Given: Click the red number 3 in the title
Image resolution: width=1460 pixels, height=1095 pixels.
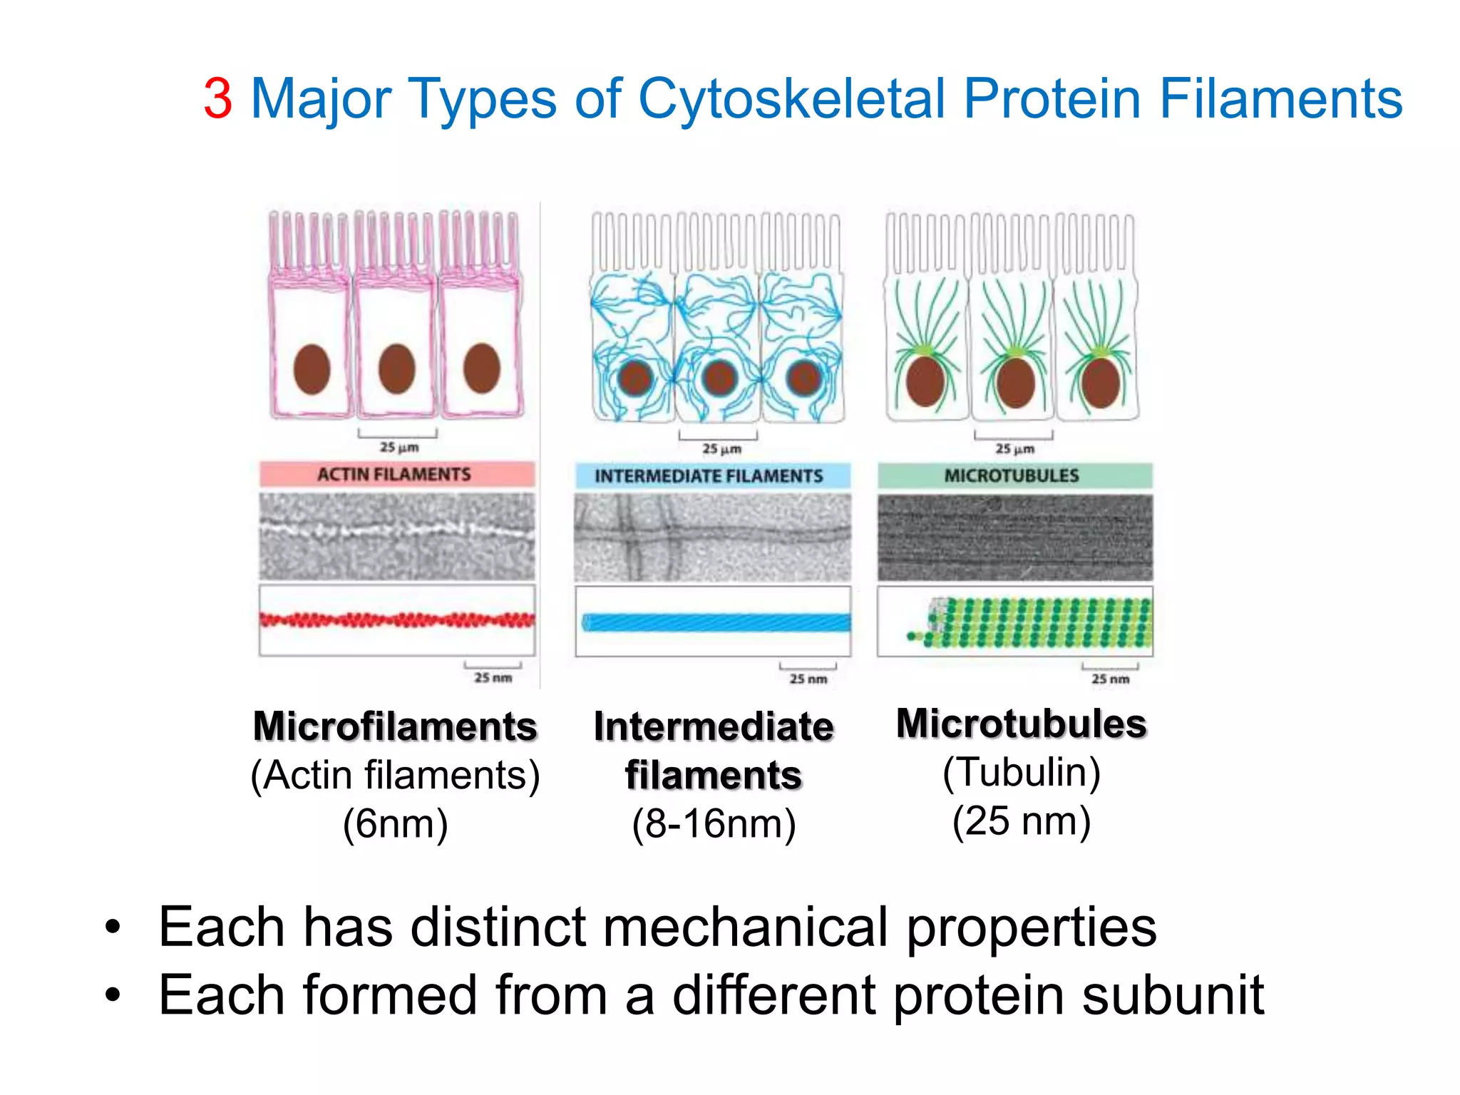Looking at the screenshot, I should click(x=217, y=99).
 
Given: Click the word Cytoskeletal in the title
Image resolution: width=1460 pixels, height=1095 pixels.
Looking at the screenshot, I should click(x=791, y=99).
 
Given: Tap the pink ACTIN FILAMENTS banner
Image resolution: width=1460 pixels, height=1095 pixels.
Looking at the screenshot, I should click(x=396, y=474).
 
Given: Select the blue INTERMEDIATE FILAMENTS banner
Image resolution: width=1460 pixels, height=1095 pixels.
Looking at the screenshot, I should click(x=711, y=475).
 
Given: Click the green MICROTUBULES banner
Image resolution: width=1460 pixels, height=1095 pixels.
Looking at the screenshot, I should click(x=1014, y=475).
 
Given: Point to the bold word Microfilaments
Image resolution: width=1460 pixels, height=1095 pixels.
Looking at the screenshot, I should click(x=395, y=726).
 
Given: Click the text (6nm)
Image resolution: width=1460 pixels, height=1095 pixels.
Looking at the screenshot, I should click(x=395, y=824).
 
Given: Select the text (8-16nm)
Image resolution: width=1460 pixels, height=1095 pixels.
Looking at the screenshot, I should click(x=714, y=824).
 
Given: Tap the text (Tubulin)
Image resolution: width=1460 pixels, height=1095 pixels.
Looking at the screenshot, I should click(x=1021, y=772).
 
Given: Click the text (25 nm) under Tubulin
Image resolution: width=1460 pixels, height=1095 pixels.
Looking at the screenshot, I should click(x=1021, y=821).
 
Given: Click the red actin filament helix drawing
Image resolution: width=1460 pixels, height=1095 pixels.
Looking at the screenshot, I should click(x=396, y=620).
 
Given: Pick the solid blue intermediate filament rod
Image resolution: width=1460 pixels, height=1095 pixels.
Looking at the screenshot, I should click(x=716, y=622).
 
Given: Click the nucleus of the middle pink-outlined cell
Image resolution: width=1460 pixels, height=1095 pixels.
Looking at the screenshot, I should click(x=396, y=369).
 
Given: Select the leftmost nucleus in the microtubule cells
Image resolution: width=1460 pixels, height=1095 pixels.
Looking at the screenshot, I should click(x=925, y=381).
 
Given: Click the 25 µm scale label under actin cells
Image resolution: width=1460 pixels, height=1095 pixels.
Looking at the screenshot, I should click(x=399, y=448).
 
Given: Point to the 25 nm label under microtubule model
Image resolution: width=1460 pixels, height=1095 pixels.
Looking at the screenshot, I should click(x=1110, y=679).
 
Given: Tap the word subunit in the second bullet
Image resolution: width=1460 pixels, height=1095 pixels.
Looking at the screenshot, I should click(x=1173, y=995).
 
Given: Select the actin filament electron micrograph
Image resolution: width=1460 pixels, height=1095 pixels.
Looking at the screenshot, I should click(x=396, y=536).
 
